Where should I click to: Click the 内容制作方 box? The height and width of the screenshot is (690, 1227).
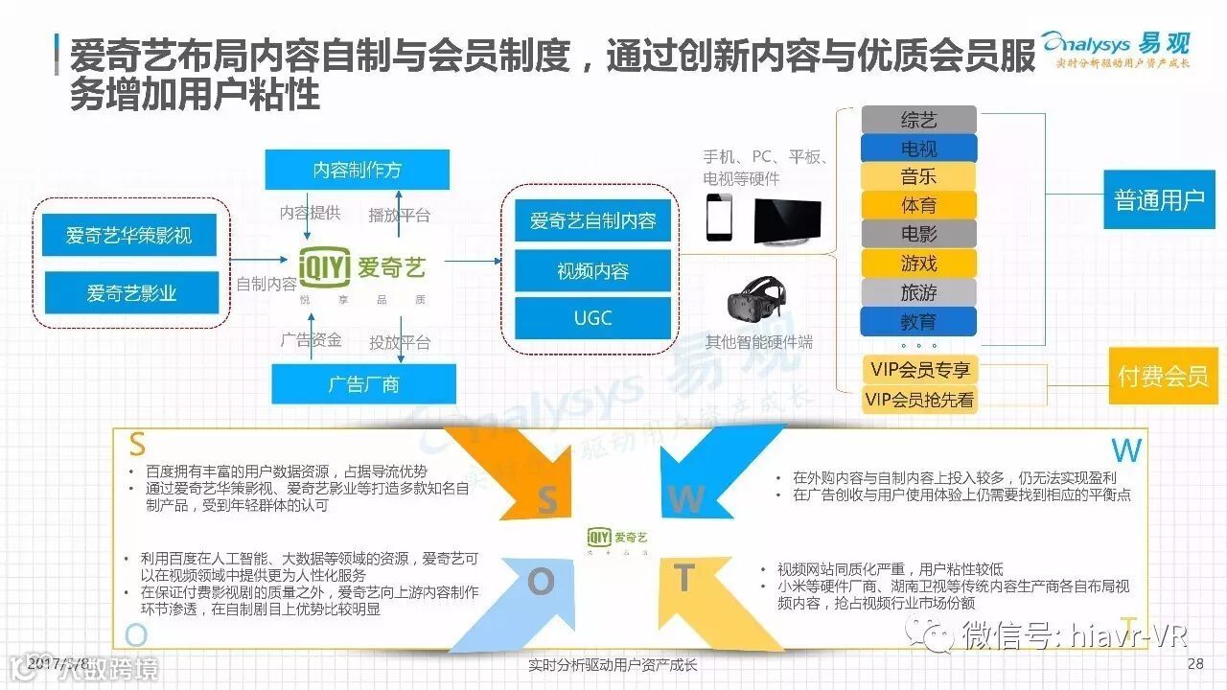(x=358, y=171)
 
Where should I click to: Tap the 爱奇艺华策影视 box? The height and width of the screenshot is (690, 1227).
(x=128, y=235)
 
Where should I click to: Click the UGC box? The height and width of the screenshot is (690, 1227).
(x=592, y=318)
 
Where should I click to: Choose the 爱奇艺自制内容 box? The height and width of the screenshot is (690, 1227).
(x=592, y=221)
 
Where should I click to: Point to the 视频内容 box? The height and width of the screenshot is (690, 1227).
(x=592, y=271)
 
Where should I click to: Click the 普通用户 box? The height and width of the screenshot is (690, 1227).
(x=1159, y=200)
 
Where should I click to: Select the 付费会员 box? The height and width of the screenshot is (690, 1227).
(x=1163, y=376)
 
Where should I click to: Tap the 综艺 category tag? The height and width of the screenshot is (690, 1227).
(x=918, y=120)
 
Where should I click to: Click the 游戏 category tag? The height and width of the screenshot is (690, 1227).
(x=918, y=263)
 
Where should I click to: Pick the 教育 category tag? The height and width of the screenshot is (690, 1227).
(x=918, y=321)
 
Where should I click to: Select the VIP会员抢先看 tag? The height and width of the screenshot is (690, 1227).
(x=918, y=400)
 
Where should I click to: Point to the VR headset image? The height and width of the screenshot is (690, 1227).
(x=754, y=301)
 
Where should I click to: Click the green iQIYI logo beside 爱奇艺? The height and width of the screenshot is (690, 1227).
(x=324, y=267)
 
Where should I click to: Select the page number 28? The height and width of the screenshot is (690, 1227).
(x=1194, y=664)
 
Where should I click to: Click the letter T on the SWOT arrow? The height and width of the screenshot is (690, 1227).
(x=683, y=578)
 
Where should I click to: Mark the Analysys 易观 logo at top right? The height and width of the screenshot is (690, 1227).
(x=1116, y=48)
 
